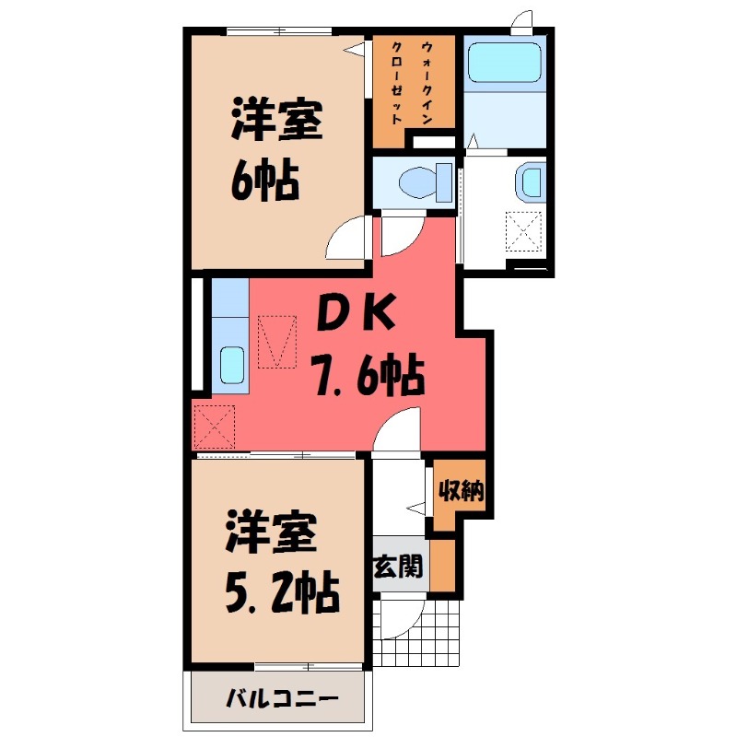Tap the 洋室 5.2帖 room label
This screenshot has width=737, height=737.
click(x=274, y=563)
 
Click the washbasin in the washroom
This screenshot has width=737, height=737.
click(x=532, y=181)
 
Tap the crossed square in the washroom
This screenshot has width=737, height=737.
click(x=524, y=230)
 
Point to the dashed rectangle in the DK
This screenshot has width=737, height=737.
click(x=278, y=341)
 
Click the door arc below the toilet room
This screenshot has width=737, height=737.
click(x=400, y=236)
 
